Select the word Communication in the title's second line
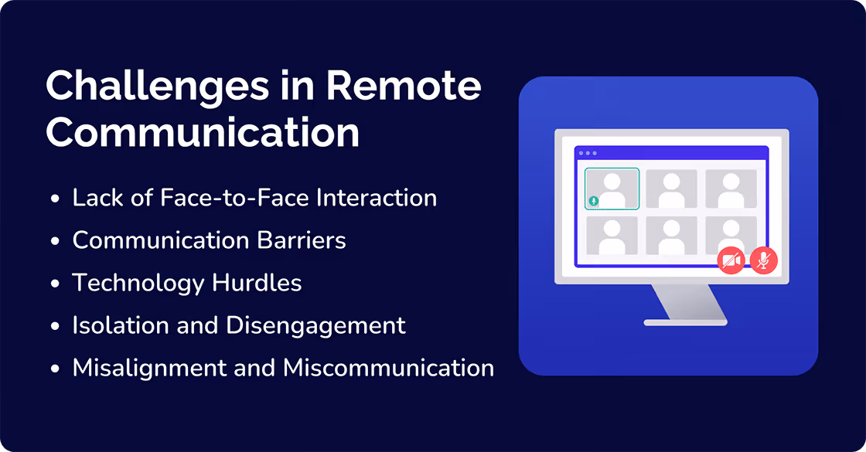tap(203, 132)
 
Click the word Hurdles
tap(256, 283)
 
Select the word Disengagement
tap(316, 325)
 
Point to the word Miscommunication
tap(389, 368)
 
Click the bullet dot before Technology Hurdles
tap(55, 284)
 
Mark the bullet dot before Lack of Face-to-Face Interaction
tap(55, 199)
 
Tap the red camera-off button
tap(731, 261)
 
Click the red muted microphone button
tap(764, 261)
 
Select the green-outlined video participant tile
tap(612, 189)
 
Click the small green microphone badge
tap(593, 201)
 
